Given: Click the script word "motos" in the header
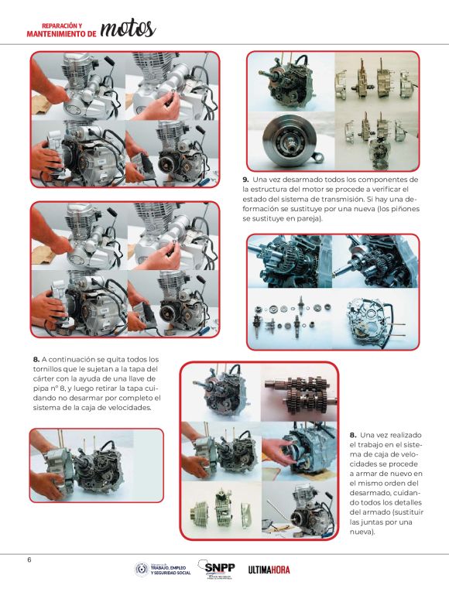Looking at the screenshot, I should [x=128, y=29].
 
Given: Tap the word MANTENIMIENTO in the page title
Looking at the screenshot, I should [x=57, y=34].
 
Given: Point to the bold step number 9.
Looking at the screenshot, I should [x=245, y=179].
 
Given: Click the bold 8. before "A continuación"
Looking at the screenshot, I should [x=36, y=360].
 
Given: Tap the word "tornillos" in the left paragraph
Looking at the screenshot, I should [x=47, y=369].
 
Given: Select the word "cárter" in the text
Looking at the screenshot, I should [x=43, y=379].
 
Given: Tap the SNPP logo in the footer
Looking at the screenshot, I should [x=218, y=569].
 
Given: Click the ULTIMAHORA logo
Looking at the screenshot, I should [x=269, y=570].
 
